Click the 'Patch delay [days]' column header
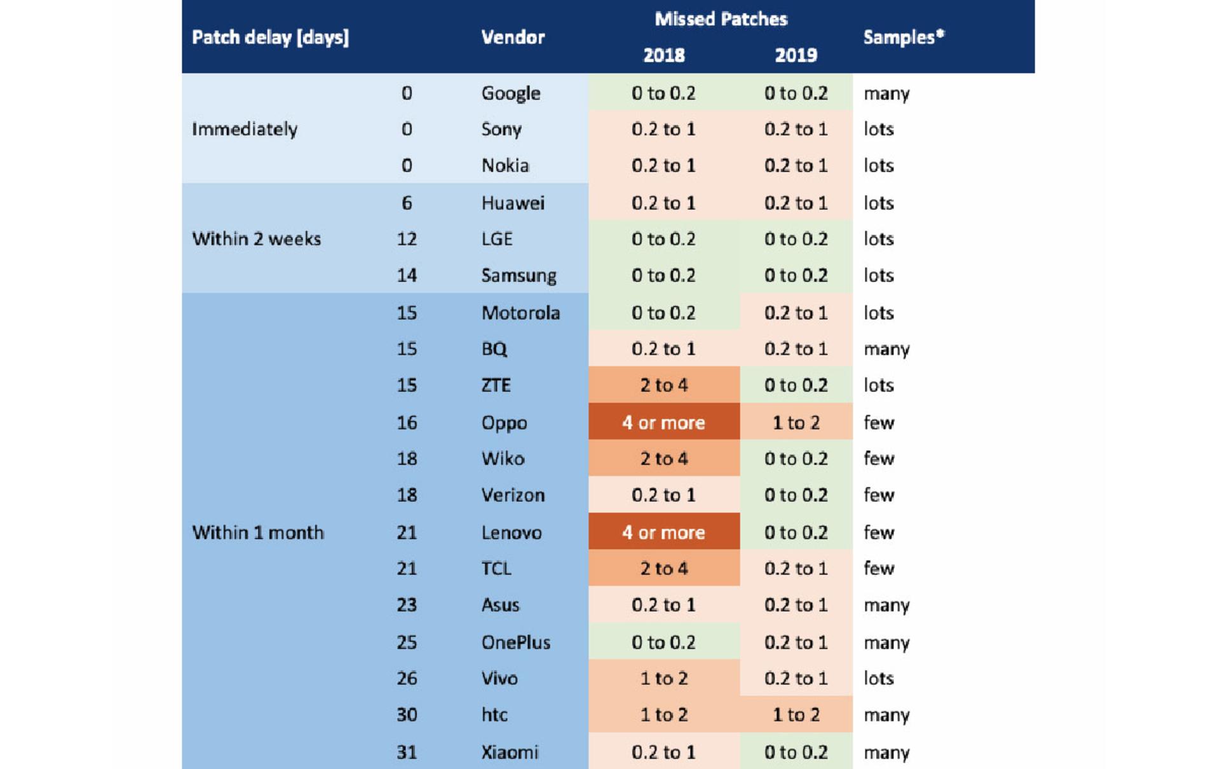(x=270, y=37)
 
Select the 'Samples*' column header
(x=904, y=37)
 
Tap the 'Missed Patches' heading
(x=721, y=19)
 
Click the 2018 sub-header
(x=664, y=55)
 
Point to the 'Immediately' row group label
(x=245, y=129)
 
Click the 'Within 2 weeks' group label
(x=257, y=239)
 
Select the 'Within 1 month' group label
(x=258, y=533)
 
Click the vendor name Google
(x=511, y=93)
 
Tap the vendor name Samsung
(x=518, y=276)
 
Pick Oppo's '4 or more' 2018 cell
(x=664, y=422)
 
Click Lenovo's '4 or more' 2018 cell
(x=664, y=532)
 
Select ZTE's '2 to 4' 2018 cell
(x=664, y=385)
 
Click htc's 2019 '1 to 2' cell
(x=796, y=715)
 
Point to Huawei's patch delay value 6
(x=407, y=203)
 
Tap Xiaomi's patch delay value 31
(x=407, y=752)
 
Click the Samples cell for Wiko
(x=879, y=458)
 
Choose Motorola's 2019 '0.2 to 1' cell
(x=796, y=313)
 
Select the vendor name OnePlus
(x=516, y=643)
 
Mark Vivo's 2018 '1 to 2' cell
(x=664, y=678)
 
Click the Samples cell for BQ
(x=886, y=350)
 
